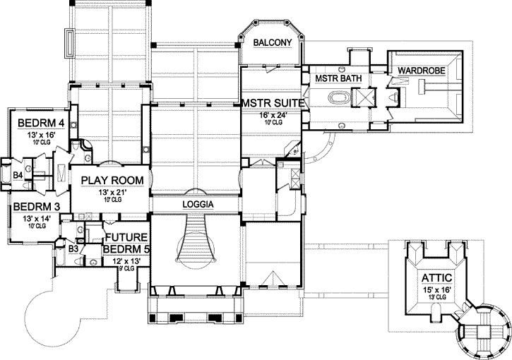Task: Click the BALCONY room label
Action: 273,43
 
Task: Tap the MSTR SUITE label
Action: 274,103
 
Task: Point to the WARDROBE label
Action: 420,71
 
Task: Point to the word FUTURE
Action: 126,237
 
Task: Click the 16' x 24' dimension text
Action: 273,114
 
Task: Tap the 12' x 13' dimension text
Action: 126,261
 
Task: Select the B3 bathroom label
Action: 73,248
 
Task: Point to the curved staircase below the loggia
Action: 196,240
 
